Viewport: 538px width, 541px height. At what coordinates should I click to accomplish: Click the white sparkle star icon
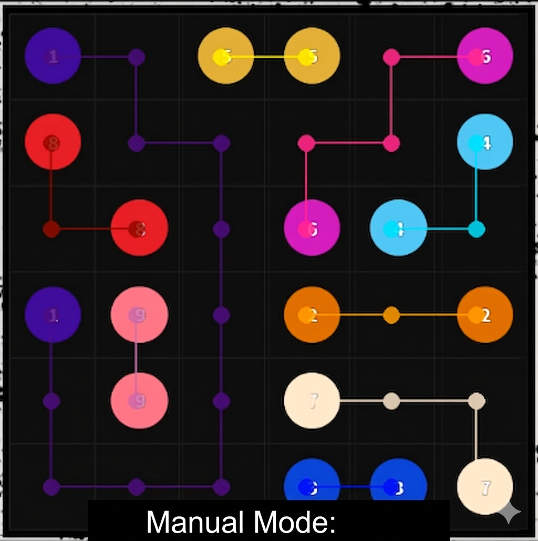tap(509, 513)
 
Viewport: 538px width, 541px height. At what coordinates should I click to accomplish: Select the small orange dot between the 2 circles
tap(391, 315)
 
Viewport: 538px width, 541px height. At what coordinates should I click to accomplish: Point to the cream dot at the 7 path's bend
tap(476, 401)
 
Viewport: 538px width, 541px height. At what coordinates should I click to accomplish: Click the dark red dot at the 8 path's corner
tap(51, 229)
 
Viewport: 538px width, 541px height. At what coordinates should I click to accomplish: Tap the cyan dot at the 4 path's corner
tap(476, 229)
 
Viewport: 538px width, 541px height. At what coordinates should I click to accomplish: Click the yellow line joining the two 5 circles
tap(265, 57)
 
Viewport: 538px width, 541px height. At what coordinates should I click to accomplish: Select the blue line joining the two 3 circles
tap(348, 487)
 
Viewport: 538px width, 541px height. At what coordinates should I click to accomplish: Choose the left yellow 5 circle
tap(225, 56)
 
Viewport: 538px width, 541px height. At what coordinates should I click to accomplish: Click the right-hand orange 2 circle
tap(484, 315)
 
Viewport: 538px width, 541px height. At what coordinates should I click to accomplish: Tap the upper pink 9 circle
tap(139, 314)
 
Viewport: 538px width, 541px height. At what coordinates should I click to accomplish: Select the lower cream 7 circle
tap(484, 486)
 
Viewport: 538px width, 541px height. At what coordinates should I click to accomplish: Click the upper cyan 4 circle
tap(484, 142)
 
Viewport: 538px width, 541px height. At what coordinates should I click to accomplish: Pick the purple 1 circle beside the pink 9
tap(53, 314)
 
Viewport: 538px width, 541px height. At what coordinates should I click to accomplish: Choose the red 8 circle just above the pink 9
tap(139, 228)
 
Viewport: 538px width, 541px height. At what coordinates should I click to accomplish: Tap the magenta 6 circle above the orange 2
tap(312, 228)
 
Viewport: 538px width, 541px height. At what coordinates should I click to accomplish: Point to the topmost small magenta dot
tap(391, 57)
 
